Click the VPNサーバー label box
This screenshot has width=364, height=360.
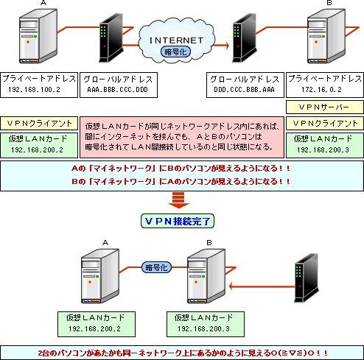325,107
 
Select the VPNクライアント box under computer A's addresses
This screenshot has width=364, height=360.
38,123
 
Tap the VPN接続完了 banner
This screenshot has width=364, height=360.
181,220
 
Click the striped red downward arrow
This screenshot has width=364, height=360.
181,200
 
